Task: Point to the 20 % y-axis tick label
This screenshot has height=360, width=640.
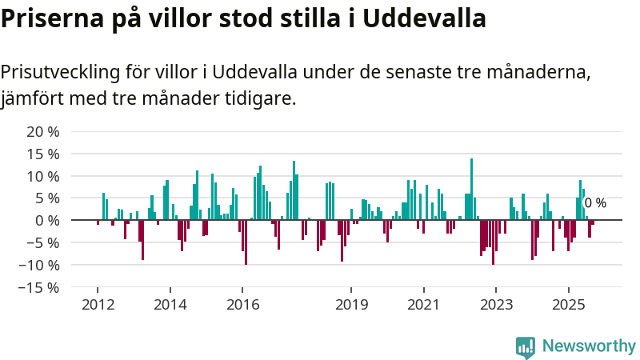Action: tap(43, 131)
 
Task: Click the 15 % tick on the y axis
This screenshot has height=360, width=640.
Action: tap(43, 154)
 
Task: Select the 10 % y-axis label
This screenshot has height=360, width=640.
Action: tap(43, 176)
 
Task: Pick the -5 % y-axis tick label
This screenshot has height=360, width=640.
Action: tap(42, 242)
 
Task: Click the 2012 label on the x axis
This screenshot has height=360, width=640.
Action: tap(98, 305)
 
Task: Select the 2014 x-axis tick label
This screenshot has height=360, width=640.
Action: tap(170, 305)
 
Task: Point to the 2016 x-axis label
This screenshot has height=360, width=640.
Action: tap(242, 305)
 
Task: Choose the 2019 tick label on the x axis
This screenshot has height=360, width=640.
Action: tap(351, 305)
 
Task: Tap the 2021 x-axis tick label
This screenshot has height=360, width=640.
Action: tap(423, 305)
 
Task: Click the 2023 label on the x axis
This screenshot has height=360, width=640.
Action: tap(496, 305)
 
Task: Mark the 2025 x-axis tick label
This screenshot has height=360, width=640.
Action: tap(568, 305)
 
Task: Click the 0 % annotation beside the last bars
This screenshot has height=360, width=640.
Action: tap(595, 203)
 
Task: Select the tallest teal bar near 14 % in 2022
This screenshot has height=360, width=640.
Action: tap(471, 189)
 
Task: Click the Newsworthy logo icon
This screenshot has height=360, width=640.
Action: tap(526, 346)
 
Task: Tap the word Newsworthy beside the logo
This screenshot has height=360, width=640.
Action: tap(589, 346)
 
